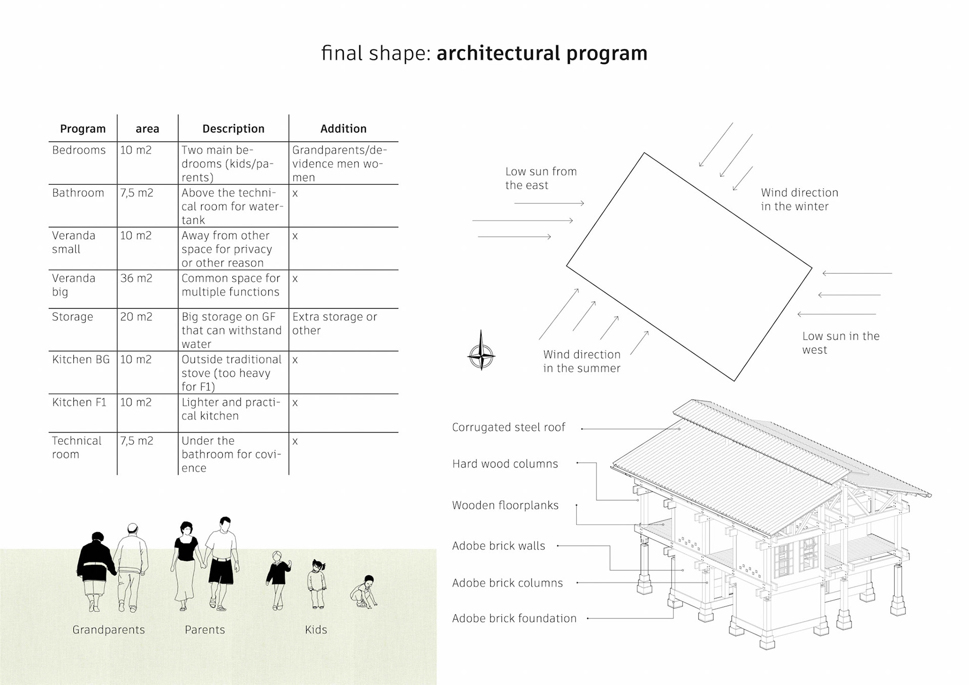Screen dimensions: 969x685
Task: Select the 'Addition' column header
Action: click(343, 129)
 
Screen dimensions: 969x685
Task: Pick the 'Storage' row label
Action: click(73, 317)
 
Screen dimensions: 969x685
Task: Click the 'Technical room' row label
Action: click(76, 447)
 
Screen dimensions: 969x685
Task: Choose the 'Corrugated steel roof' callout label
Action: click(508, 428)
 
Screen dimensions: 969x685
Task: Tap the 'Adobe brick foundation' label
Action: click(514, 618)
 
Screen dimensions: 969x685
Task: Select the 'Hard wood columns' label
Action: click(505, 464)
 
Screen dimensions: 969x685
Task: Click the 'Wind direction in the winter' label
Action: click(799, 199)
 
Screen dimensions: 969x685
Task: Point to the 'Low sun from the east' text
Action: click(541, 178)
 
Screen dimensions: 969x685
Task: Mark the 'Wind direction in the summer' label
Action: click(581, 361)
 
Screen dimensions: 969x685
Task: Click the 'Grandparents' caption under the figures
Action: click(109, 630)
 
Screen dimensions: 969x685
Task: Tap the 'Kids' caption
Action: click(316, 630)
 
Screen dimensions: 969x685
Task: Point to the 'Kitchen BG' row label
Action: click(81, 359)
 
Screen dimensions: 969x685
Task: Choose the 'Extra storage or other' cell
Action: click(334, 323)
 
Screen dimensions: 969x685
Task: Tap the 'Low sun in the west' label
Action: click(840, 343)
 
